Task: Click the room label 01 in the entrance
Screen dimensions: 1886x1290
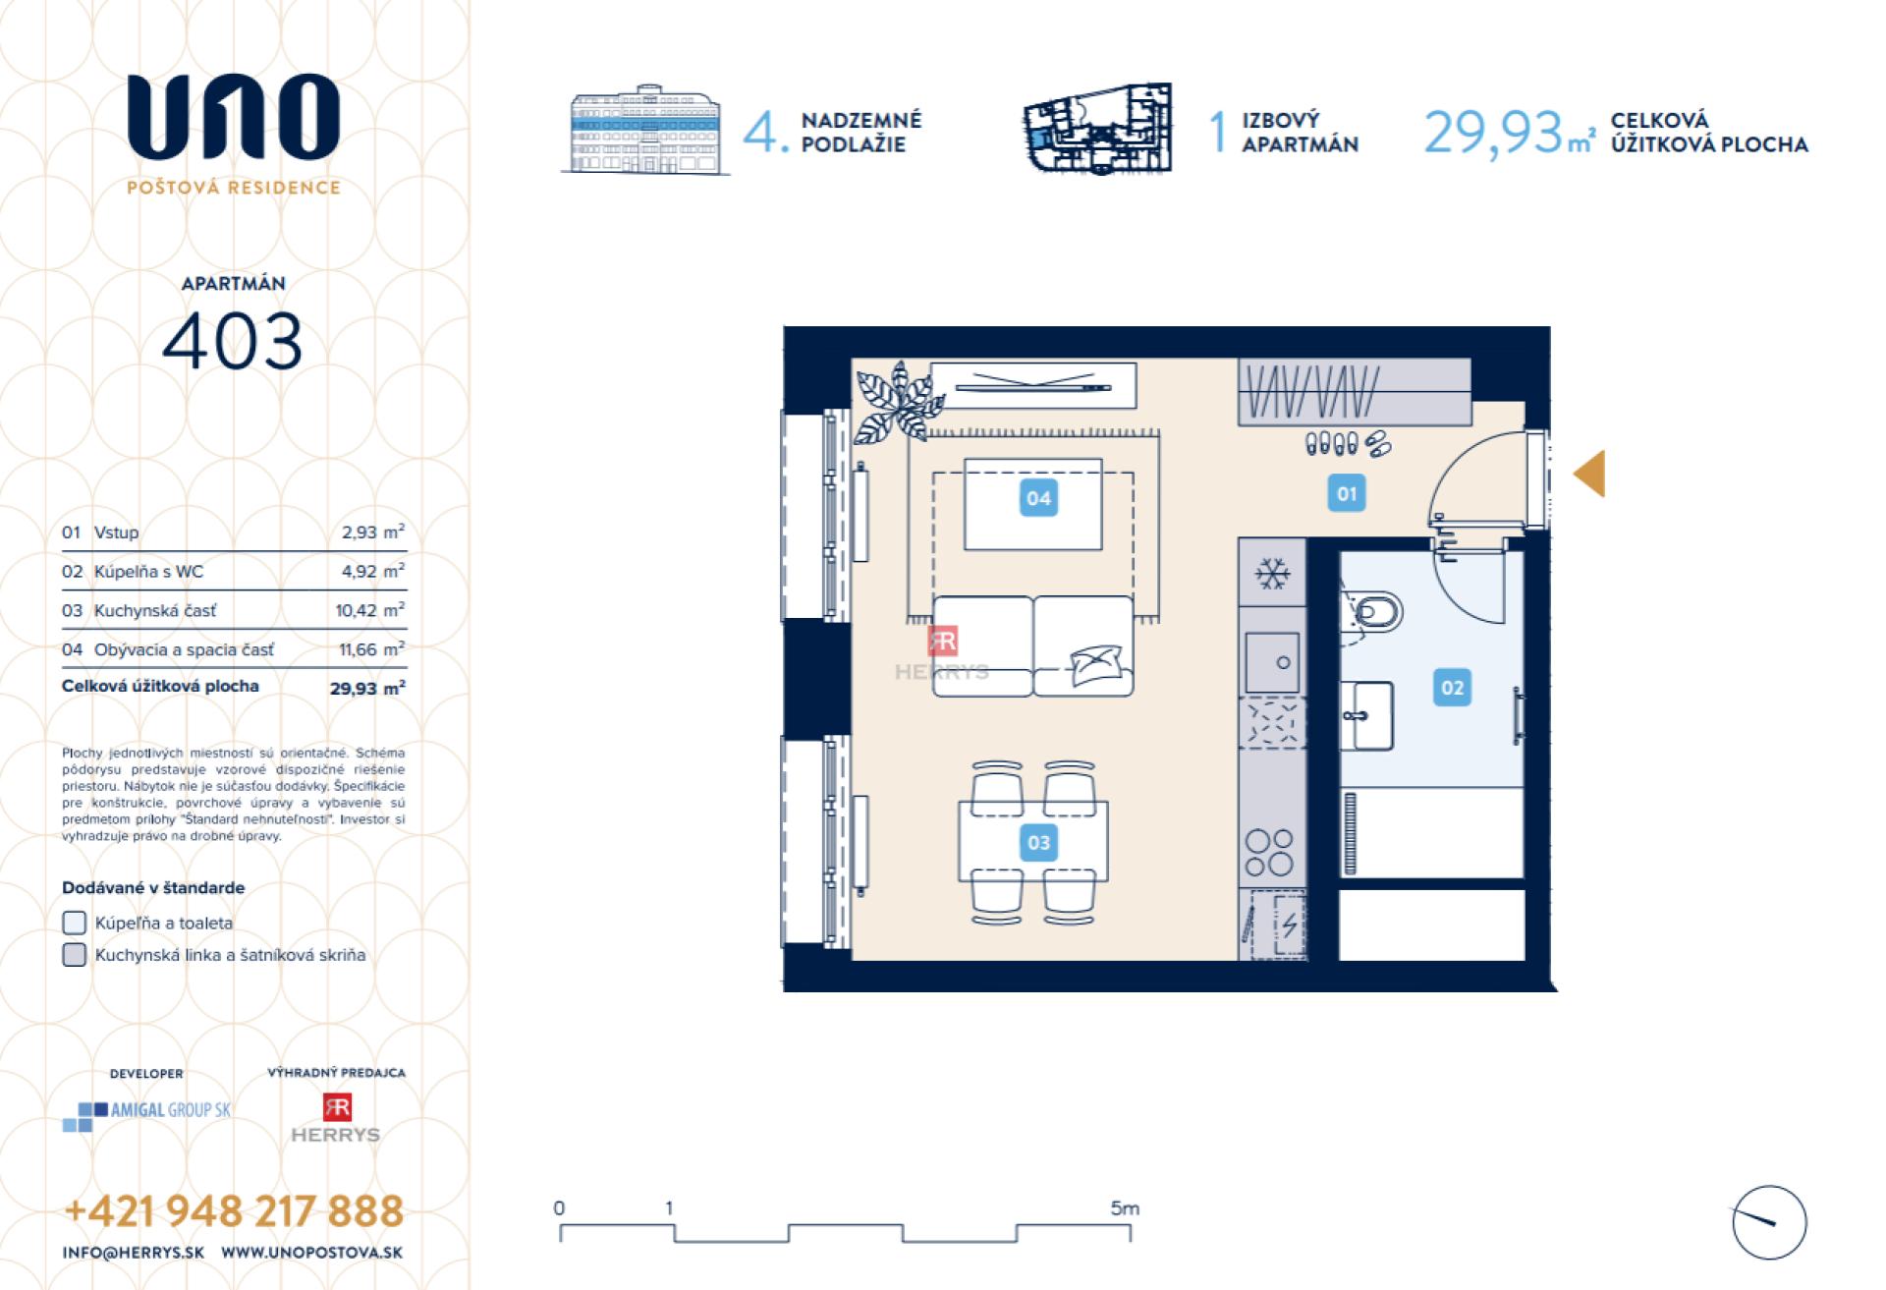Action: [1347, 493]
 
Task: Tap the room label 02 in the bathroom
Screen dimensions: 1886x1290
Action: [1452, 688]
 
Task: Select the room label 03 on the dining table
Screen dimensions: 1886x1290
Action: [1038, 842]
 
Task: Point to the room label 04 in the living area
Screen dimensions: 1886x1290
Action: [1038, 498]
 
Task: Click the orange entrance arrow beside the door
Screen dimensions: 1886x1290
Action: [1590, 474]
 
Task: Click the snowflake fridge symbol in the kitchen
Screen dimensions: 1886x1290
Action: [1272, 573]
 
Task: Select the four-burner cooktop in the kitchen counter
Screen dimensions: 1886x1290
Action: [1269, 853]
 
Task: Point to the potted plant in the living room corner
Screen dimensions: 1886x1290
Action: [896, 403]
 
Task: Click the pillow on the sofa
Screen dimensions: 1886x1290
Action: [1095, 664]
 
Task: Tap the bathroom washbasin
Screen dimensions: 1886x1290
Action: [1367, 716]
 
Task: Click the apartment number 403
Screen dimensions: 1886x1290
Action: [233, 341]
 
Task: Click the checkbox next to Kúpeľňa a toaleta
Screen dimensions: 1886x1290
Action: [75, 923]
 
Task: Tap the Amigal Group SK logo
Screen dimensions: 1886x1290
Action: [147, 1114]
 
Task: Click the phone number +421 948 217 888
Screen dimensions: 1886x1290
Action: [234, 1211]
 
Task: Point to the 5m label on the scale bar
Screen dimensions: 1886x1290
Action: [1125, 1208]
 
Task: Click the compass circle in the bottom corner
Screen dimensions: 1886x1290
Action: [1769, 1222]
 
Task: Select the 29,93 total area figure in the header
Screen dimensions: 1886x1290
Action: [1492, 132]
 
